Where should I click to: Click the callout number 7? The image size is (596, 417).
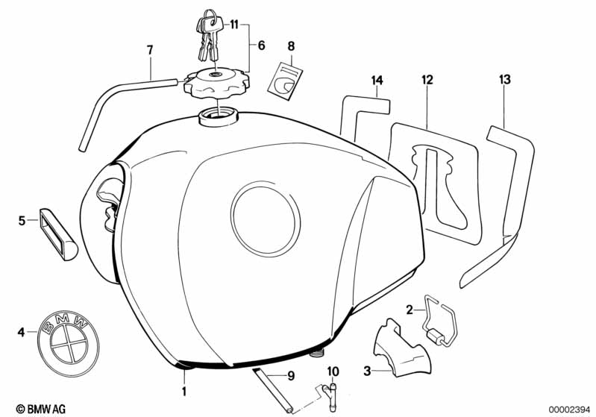[150, 50]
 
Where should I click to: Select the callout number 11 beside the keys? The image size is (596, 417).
[233, 25]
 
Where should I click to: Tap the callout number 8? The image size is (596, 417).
[291, 46]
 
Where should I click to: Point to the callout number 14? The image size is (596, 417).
[377, 81]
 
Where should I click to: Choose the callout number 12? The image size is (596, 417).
[427, 80]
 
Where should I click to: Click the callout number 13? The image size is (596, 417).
[505, 80]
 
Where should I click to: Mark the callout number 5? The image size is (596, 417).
[22, 220]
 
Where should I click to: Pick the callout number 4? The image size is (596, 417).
[22, 332]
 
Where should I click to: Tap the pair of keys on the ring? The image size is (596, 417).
[207, 36]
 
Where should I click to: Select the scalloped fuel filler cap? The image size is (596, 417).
[216, 82]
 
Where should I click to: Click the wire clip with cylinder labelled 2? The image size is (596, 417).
[440, 321]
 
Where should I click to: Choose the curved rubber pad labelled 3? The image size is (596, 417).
[403, 349]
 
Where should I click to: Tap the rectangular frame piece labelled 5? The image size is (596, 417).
[58, 234]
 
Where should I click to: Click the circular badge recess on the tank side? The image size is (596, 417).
[266, 219]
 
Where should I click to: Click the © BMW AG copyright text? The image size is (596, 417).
[41, 409]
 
